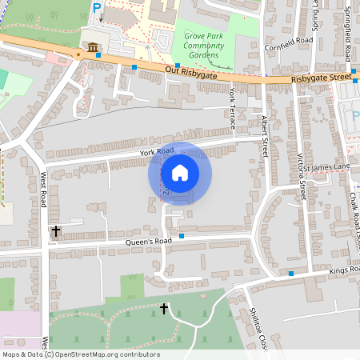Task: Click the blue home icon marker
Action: coord(180,172)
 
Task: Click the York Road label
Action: coord(156,151)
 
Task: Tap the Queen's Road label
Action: coord(148,241)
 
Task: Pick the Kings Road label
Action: coord(345,273)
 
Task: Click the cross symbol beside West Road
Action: coord(55,231)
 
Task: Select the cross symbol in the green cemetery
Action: coord(164,307)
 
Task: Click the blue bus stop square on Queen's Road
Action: coord(182,235)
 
